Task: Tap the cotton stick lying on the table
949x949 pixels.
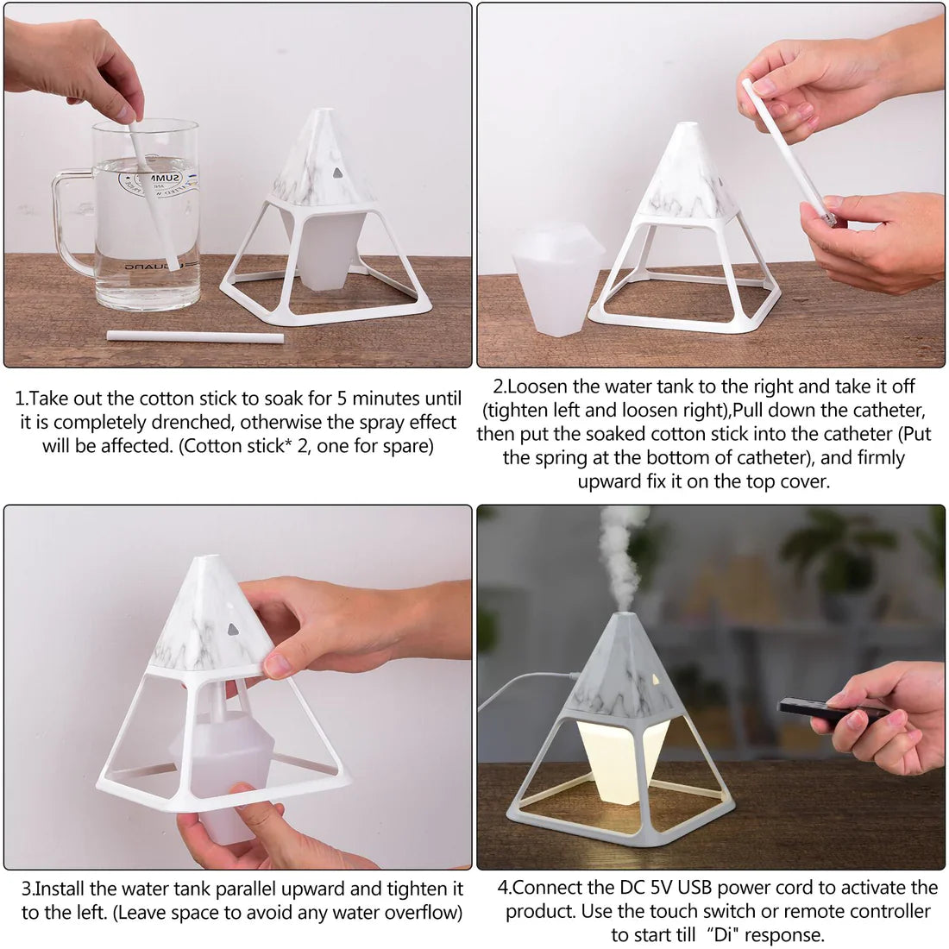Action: (x=196, y=336)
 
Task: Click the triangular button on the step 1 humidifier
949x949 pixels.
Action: (x=337, y=173)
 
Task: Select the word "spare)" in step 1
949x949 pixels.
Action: (x=406, y=447)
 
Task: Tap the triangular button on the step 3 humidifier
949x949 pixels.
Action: (x=233, y=630)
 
